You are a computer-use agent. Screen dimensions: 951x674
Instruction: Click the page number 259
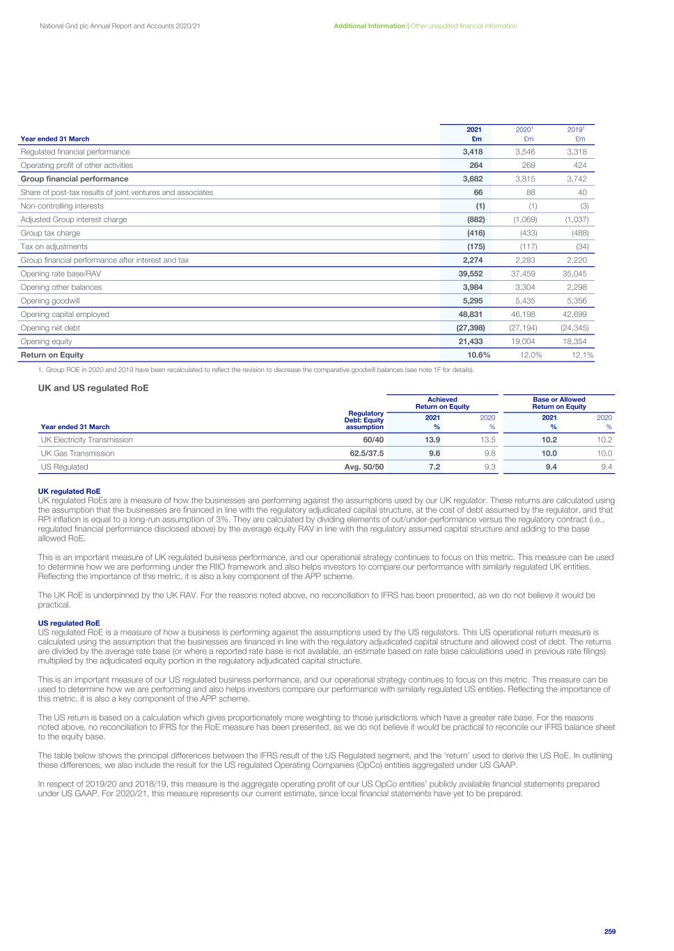point(610,931)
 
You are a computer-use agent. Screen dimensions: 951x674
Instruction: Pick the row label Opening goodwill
point(50,301)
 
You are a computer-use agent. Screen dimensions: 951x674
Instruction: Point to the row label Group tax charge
point(50,233)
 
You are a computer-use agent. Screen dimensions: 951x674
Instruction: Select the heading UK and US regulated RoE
point(93,388)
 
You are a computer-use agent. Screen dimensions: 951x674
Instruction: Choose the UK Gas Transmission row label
point(77,454)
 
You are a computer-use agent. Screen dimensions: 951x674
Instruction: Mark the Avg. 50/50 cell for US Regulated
point(364,467)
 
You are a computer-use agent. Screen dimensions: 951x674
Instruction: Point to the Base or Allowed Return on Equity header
point(559,403)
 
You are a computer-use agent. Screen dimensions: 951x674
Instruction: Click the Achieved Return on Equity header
point(442,403)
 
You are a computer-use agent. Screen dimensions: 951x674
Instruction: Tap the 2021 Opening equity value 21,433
point(469,342)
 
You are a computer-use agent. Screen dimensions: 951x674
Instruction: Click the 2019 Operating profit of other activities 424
point(580,166)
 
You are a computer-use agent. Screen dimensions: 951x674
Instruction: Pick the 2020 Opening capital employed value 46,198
point(524,315)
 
